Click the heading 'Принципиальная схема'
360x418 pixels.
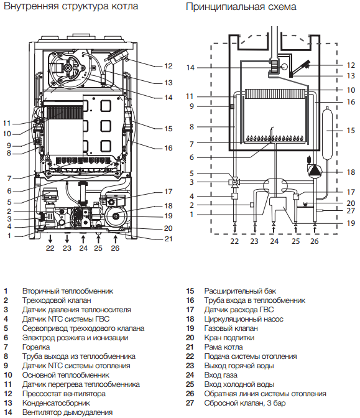241,7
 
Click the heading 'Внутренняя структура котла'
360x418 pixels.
71,6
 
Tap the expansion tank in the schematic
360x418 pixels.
327,133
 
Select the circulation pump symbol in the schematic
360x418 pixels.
315,170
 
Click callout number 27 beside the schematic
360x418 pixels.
351,211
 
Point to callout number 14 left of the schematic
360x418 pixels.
190,68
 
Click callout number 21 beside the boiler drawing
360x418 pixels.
168,239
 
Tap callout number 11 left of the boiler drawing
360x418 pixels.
7,123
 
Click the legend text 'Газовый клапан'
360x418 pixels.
231,328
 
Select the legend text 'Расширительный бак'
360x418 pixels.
240,291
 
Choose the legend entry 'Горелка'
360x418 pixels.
36,347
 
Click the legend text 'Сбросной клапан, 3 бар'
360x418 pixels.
244,403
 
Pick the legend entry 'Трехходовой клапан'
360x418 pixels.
57,300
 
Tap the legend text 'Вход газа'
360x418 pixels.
221,375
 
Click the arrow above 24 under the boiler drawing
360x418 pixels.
83,238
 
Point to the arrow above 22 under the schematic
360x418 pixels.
234,229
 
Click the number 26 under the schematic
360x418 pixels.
315,241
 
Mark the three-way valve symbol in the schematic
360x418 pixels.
234,182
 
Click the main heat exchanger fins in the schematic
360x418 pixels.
275,94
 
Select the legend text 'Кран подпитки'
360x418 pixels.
229,338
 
